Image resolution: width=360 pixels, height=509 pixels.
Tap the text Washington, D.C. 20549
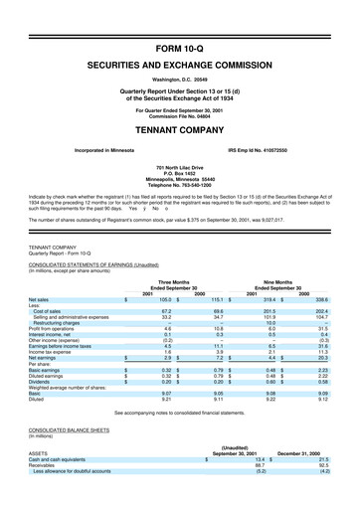tap(179, 49)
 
